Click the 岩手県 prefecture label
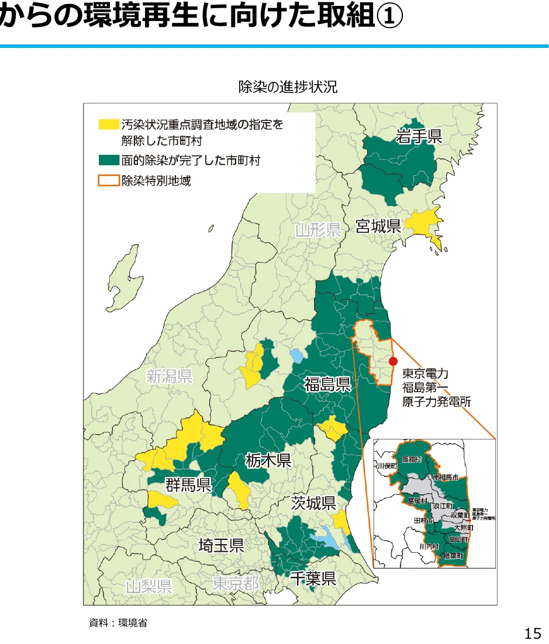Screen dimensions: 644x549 (x=419, y=137)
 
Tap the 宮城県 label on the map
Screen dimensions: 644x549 (x=379, y=226)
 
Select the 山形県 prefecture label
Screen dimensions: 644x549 (x=317, y=230)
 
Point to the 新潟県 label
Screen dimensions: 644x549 (x=169, y=376)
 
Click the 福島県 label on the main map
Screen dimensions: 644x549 (x=327, y=384)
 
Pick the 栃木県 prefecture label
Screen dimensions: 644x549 (x=268, y=461)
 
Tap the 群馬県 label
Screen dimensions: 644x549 (x=188, y=484)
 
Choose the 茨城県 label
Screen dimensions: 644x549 (x=313, y=503)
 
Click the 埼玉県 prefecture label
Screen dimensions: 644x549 (x=221, y=546)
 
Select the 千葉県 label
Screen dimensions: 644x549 (x=313, y=579)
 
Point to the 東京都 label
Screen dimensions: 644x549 (x=236, y=583)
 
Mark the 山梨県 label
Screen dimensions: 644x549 (x=149, y=586)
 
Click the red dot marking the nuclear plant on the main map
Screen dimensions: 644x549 (x=393, y=361)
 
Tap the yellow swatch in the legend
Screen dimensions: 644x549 (x=108, y=124)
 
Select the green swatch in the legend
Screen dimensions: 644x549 (x=108, y=159)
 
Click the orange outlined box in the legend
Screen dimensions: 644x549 (x=108, y=181)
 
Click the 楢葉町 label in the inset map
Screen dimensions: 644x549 (x=454, y=556)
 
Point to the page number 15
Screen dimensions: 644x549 (x=533, y=633)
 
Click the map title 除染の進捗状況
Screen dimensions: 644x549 (x=288, y=87)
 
